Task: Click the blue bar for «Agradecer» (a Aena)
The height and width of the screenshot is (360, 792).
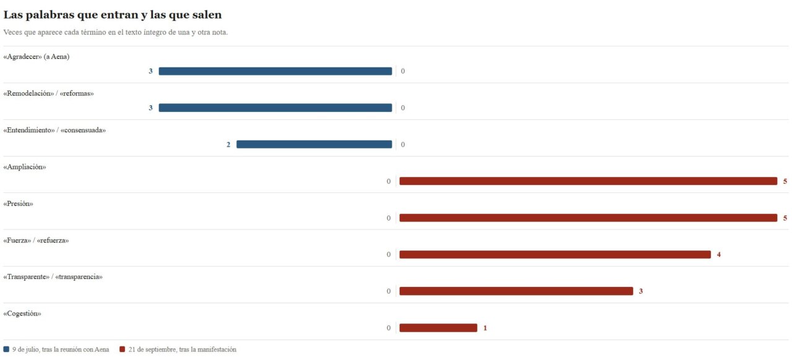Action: [x=275, y=71]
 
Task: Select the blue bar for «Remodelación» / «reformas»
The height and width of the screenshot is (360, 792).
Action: [x=275, y=108]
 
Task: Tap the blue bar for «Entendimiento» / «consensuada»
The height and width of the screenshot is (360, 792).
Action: [x=314, y=144]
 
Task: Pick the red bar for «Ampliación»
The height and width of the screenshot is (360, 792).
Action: [x=588, y=181]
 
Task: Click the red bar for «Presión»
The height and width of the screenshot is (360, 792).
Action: [x=588, y=218]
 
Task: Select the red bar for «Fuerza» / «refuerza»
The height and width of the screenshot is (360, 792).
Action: [x=555, y=254]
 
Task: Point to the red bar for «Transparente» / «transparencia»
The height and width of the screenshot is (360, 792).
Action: [x=516, y=291]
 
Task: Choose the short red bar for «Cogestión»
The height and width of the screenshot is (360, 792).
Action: [x=439, y=328]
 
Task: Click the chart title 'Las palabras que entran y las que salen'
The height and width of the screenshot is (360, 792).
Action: [x=113, y=15]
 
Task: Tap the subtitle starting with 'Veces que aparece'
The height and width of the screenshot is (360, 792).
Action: [x=116, y=32]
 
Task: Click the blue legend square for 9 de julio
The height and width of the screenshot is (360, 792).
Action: [x=6, y=349]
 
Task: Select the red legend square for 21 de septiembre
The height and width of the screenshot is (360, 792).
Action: [x=123, y=349]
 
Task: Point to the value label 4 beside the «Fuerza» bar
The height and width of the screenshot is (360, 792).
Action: [x=719, y=255]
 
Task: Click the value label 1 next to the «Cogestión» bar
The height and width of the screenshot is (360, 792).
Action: [x=485, y=328]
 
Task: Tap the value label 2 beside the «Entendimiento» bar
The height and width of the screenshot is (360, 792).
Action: [x=228, y=145]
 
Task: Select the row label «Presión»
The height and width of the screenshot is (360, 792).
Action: [x=18, y=204]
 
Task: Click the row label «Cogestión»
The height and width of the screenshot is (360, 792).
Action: [x=22, y=314]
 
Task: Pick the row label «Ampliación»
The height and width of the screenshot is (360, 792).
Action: [x=25, y=167]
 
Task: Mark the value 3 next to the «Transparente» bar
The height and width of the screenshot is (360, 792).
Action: [x=640, y=291]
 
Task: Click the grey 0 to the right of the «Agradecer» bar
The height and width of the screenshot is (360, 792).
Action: [x=403, y=71]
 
